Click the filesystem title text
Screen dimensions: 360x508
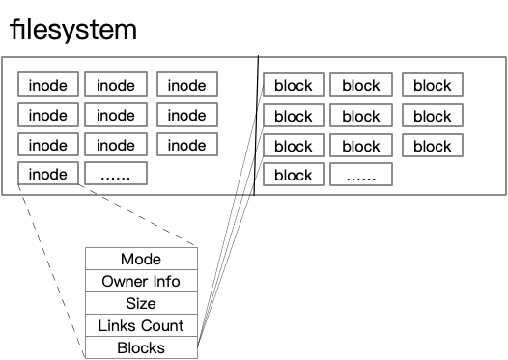pos(73,28)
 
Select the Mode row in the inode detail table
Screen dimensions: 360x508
pos(141,259)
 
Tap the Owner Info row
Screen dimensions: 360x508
pos(141,281)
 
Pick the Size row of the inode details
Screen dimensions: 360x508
pos(141,303)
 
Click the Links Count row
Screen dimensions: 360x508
pos(141,325)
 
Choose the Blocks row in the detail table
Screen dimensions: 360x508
pos(141,347)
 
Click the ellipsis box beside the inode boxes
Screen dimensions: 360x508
pos(116,174)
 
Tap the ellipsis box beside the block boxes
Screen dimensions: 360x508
pos(361,176)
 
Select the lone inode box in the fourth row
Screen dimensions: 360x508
pos(48,174)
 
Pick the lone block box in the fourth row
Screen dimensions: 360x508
pos(294,176)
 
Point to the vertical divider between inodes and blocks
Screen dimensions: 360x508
pos(256,125)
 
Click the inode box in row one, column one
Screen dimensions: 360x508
pos(48,85)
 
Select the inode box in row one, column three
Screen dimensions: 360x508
pos(187,85)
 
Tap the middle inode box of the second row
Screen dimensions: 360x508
pos(116,115)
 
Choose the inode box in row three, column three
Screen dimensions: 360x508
pos(187,145)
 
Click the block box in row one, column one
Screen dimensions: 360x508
pos(294,85)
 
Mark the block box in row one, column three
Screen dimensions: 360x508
pos(433,85)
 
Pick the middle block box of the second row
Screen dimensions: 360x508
pos(361,116)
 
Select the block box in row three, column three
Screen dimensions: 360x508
pos(433,146)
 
